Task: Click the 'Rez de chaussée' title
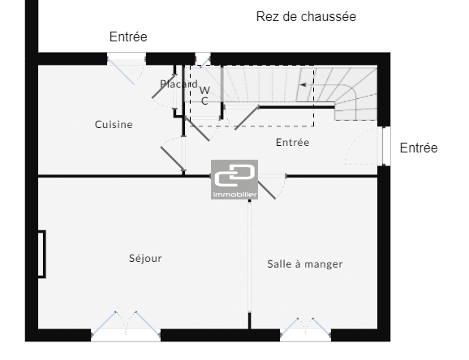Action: pyautogui.click(x=306, y=17)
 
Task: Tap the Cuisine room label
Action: pyautogui.click(x=114, y=124)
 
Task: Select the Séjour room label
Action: pyautogui.click(x=145, y=259)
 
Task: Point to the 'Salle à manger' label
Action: pyautogui.click(x=305, y=264)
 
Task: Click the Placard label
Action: pyautogui.click(x=179, y=84)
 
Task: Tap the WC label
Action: pyautogui.click(x=204, y=96)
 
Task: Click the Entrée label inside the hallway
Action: pyautogui.click(x=293, y=143)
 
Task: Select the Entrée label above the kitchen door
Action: pyautogui.click(x=128, y=36)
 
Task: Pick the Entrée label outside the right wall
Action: pyautogui.click(x=419, y=148)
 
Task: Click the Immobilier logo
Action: pyautogui.click(x=234, y=179)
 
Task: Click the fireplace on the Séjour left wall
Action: pyautogui.click(x=41, y=254)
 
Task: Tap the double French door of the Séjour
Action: pyautogui.click(x=126, y=324)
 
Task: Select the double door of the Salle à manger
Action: pyautogui.click(x=305, y=328)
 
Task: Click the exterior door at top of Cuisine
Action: pyautogui.click(x=127, y=69)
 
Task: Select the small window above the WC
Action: pyautogui.click(x=203, y=59)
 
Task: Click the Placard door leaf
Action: pyautogui.click(x=164, y=87)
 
